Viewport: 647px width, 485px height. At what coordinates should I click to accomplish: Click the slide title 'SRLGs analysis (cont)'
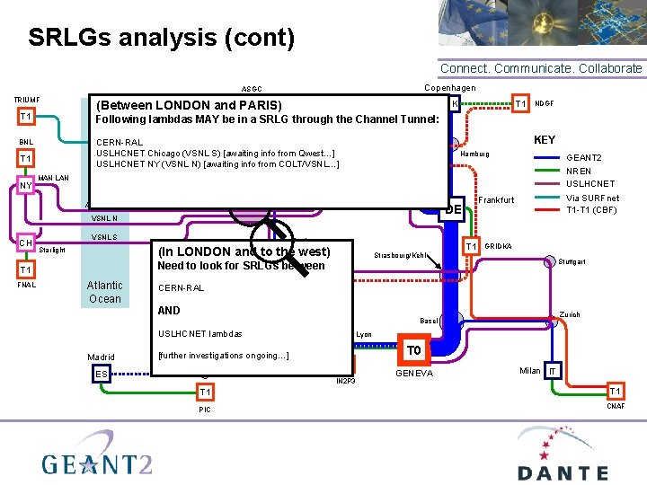(x=161, y=38)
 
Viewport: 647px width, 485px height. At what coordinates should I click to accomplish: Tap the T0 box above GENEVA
(x=413, y=350)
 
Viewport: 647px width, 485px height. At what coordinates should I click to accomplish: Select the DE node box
(x=453, y=209)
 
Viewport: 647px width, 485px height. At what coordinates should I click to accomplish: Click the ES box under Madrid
(x=102, y=374)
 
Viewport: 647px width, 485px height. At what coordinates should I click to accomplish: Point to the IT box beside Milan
(x=554, y=371)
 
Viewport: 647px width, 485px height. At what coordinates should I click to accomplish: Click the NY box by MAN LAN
(x=25, y=186)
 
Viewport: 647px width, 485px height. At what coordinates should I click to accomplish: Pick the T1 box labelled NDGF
(x=520, y=104)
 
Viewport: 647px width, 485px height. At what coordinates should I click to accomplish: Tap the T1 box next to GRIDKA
(x=470, y=247)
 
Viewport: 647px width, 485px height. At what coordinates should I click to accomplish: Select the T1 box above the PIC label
(x=205, y=392)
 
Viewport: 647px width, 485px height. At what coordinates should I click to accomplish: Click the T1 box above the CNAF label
(x=616, y=391)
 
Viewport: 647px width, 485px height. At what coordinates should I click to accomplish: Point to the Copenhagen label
(x=449, y=87)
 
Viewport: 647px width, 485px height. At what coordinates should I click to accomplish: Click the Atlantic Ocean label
(x=104, y=292)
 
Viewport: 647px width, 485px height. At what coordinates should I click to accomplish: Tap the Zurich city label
(x=570, y=315)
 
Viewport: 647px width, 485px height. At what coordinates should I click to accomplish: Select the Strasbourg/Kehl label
(x=400, y=256)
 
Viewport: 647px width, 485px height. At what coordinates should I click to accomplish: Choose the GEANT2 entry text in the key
(x=583, y=156)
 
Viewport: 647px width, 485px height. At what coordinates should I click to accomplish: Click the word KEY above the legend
(x=545, y=139)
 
